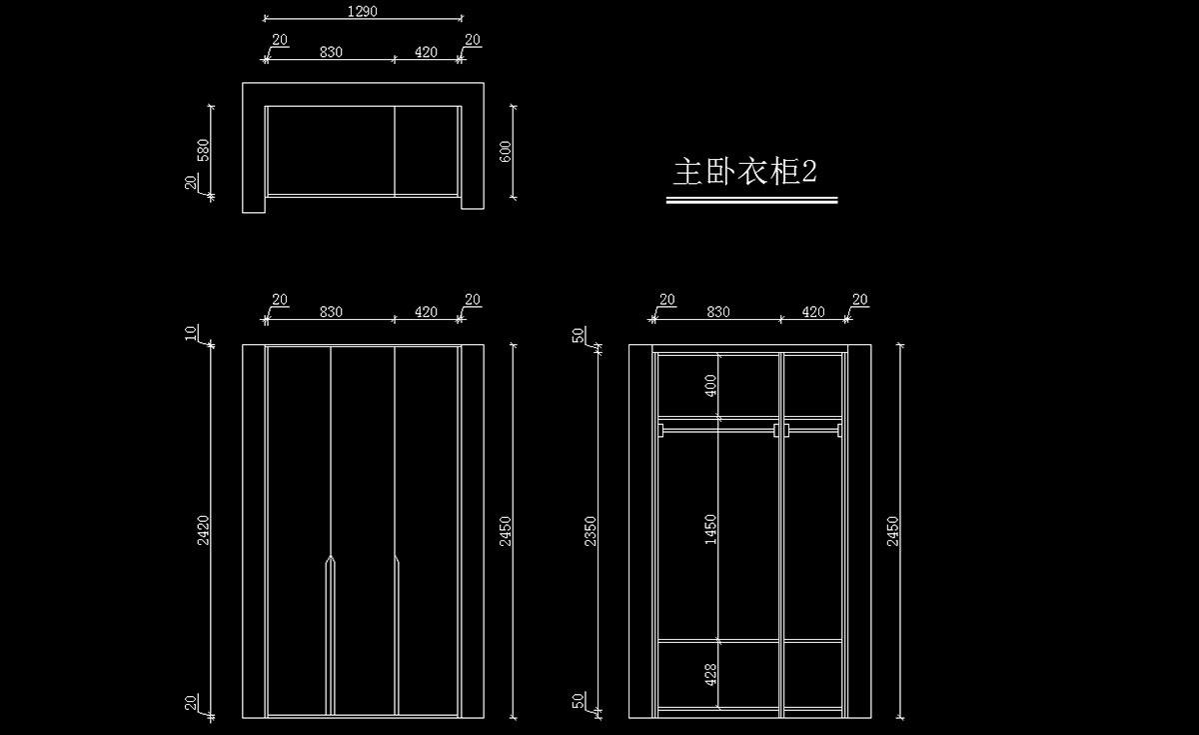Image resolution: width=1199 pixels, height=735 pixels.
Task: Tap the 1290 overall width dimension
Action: coord(363,12)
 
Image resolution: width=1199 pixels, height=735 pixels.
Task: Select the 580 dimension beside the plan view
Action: coord(204,150)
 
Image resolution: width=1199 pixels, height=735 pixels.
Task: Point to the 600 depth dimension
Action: coord(506,151)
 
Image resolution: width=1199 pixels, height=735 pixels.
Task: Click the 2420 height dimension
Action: coord(204,527)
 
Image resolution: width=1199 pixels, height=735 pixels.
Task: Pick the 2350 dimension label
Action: coord(591,530)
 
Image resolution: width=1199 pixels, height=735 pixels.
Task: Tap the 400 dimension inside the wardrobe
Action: coord(710,386)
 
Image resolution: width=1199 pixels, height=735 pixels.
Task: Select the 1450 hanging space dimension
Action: coord(710,529)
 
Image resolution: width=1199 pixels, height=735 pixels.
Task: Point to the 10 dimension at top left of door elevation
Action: coord(192,333)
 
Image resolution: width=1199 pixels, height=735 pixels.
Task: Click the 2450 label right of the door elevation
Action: coord(506,530)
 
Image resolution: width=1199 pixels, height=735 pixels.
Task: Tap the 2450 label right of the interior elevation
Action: coord(892,530)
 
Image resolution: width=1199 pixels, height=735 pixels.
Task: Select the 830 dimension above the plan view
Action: coord(331,52)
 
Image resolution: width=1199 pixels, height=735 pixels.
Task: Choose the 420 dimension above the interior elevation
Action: coord(813,312)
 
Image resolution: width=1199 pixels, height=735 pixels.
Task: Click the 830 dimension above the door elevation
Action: coord(331,312)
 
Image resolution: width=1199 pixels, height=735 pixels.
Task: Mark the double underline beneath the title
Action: coord(751,200)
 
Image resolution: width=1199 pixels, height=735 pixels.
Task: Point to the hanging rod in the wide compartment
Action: coord(717,430)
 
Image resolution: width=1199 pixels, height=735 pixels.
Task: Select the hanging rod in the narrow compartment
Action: coord(812,430)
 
